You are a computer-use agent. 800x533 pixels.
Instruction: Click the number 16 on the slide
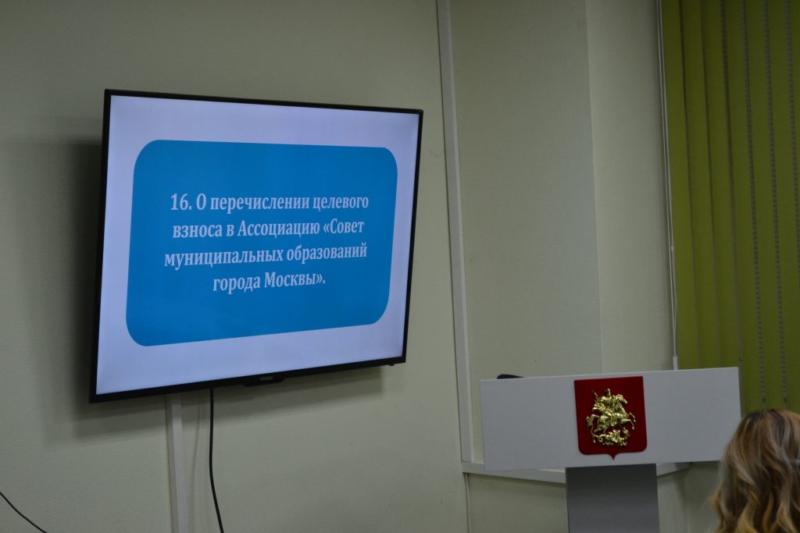click(180, 203)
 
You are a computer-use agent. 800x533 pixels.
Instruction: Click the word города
click(236, 283)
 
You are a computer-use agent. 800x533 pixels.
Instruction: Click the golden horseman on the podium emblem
click(611, 417)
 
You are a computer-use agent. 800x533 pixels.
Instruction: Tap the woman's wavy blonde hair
click(760, 474)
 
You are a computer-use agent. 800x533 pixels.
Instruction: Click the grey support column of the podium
click(611, 498)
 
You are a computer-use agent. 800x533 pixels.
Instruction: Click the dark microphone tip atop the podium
click(509, 377)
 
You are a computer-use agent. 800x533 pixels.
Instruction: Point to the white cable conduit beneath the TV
click(177, 464)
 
